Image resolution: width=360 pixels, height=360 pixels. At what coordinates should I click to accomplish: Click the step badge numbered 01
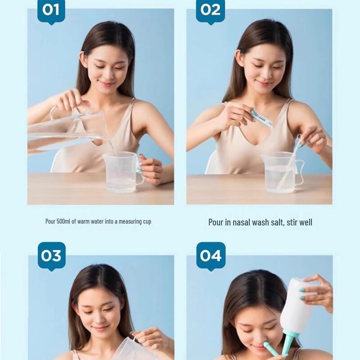(x=51, y=10)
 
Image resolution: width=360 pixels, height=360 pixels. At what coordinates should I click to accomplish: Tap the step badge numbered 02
(x=211, y=10)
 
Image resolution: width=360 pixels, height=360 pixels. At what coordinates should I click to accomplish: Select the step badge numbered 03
(x=51, y=256)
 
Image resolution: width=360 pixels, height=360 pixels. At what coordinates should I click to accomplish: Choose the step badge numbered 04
(x=211, y=256)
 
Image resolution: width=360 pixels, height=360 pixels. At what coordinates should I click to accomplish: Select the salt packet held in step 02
(x=262, y=118)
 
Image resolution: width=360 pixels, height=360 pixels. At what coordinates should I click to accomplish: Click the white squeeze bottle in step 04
(x=297, y=306)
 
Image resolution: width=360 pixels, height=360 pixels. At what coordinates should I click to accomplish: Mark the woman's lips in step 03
(x=100, y=328)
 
